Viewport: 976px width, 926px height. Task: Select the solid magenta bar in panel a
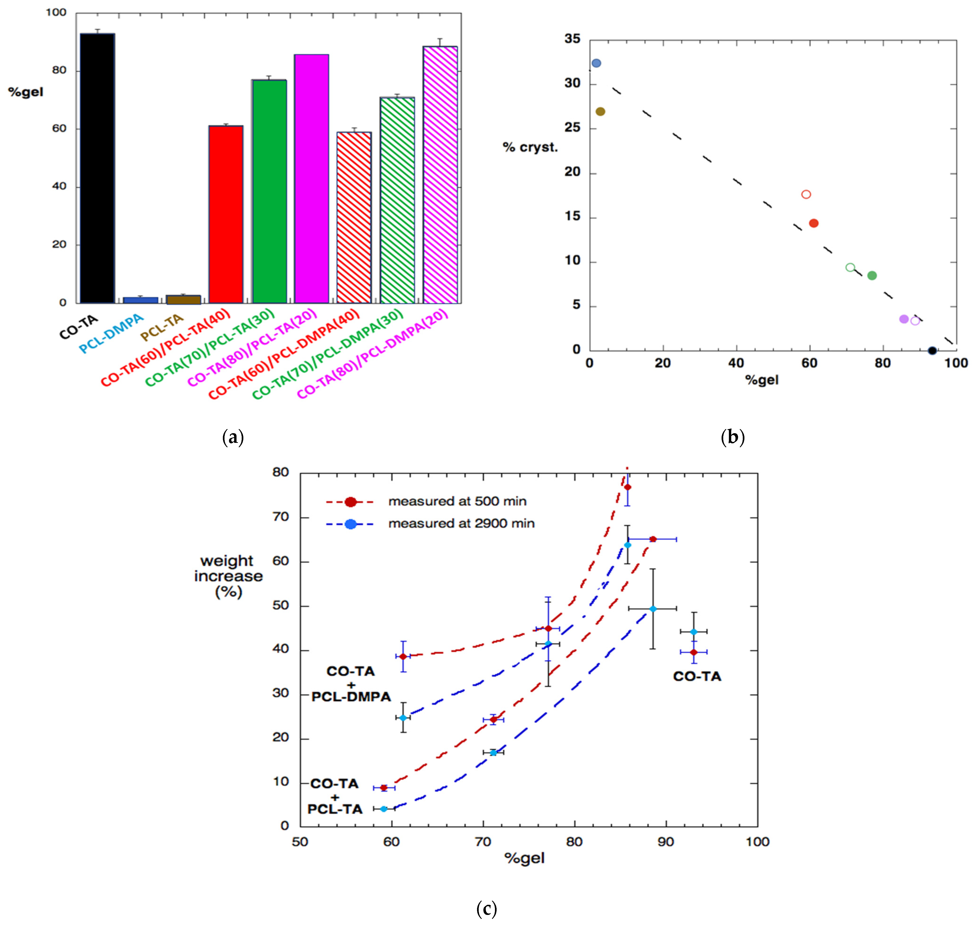311,179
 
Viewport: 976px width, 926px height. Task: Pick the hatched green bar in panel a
397,200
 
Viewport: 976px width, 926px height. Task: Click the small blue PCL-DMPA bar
141,300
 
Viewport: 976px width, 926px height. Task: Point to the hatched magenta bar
440,174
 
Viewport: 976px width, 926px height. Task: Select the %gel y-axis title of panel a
26,92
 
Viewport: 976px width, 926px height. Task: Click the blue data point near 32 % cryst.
596,63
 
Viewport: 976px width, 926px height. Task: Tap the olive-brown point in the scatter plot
600,111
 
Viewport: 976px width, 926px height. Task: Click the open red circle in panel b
806,194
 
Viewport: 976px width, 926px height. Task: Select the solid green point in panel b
872,276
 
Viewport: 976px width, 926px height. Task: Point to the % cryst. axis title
530,147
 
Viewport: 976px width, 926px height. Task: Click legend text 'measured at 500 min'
457,502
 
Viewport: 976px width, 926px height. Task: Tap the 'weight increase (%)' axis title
228,576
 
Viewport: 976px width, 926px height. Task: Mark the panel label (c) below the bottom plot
486,908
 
